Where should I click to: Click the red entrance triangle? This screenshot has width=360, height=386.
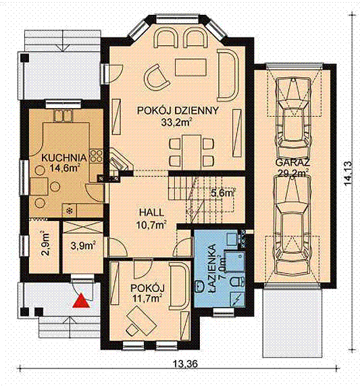[81, 301]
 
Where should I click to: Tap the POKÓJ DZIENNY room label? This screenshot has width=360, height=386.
[178, 111]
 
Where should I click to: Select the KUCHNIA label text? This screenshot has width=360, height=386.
[64, 158]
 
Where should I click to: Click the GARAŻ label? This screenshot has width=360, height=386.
[292, 163]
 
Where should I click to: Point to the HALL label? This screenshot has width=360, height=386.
[151, 213]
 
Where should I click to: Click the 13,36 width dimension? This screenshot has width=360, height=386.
[185, 363]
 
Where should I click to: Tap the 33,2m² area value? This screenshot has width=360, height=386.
[176, 122]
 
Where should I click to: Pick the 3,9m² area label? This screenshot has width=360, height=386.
[83, 245]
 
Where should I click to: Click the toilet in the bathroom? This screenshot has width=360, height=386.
[237, 281]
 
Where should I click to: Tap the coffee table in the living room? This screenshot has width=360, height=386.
[190, 67]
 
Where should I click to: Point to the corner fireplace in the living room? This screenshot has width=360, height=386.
[119, 161]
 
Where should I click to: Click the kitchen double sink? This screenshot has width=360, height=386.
[63, 116]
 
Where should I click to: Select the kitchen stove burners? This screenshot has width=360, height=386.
[96, 156]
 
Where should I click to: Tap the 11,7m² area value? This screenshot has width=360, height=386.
[147, 298]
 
